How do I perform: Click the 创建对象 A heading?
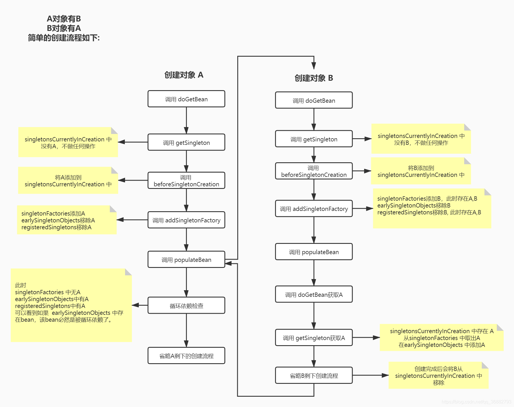184,75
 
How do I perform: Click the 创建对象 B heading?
314,78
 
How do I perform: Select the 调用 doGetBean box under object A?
186,99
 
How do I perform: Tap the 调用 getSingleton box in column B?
314,139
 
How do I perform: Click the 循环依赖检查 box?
186,306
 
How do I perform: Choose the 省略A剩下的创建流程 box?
186,356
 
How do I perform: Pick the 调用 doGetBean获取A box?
314,295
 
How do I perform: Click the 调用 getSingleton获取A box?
314,338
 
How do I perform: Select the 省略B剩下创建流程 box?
314,376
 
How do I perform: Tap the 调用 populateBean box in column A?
186,260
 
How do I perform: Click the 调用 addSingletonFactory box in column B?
314,209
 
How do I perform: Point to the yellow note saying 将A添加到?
68,181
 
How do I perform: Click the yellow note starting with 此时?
71,305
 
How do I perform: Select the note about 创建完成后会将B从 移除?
438,376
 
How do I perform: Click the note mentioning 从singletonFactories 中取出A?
442,338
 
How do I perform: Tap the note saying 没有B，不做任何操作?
421,139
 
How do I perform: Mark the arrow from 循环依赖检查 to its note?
140,305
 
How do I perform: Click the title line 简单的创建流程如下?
64,38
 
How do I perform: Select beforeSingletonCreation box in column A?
186,181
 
